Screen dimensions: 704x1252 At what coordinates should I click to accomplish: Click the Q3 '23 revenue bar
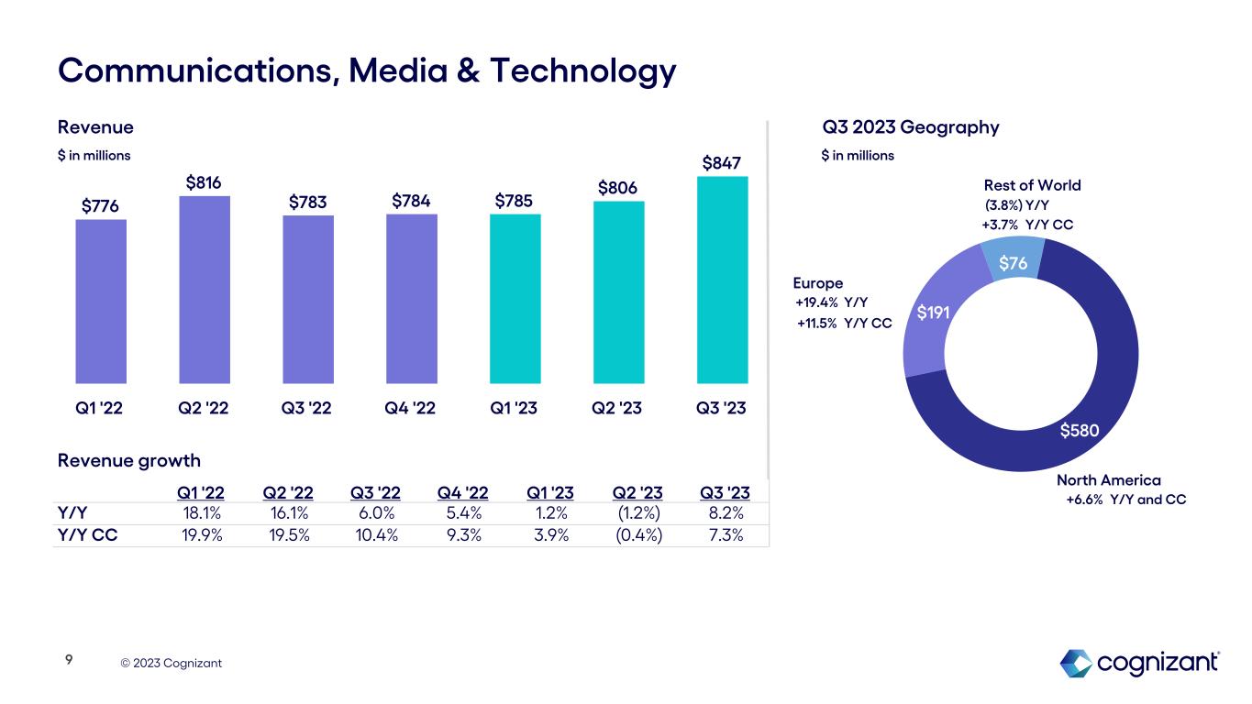tap(723, 280)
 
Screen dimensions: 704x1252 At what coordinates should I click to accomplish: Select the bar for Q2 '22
tap(205, 289)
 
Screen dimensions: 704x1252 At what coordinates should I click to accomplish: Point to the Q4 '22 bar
tap(412, 298)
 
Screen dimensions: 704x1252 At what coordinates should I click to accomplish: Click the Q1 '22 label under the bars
tap(99, 410)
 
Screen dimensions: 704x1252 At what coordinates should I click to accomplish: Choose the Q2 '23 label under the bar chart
tap(619, 410)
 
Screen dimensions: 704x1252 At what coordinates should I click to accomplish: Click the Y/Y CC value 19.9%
tap(202, 536)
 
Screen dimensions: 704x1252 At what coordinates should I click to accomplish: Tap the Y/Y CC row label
tap(87, 536)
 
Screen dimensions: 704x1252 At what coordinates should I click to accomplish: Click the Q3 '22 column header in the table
tap(375, 494)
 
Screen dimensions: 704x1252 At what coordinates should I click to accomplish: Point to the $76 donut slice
tap(1012, 263)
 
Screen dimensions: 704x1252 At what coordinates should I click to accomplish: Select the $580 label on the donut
tap(1080, 430)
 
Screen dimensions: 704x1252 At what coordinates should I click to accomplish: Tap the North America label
tap(1108, 480)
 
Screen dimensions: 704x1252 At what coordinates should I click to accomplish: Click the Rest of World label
tap(1032, 185)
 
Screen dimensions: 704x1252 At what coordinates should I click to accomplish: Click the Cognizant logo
tap(1139, 663)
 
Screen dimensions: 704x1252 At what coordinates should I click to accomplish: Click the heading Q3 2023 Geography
tap(910, 127)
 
